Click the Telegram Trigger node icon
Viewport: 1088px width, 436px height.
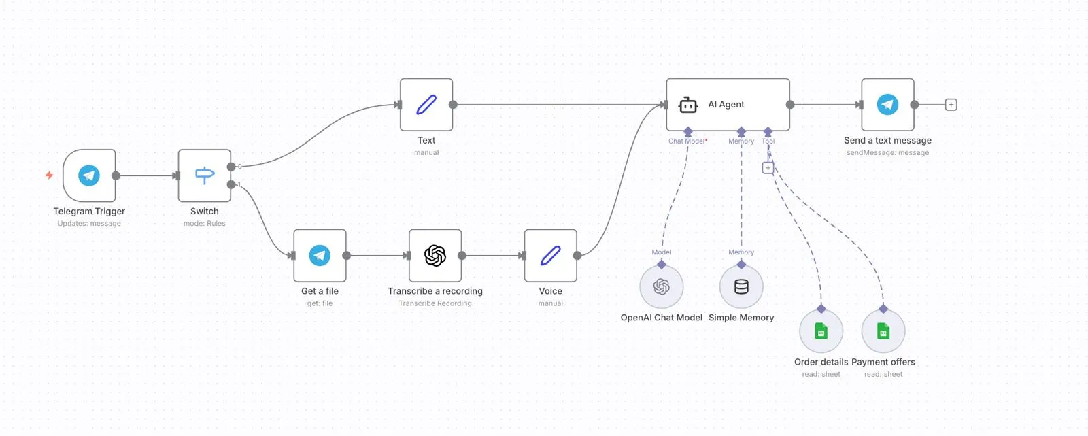pos(89,175)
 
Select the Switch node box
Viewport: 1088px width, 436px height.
pos(205,175)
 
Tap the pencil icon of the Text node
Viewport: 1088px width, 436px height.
pos(426,105)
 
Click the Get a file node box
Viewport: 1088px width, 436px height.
pos(320,256)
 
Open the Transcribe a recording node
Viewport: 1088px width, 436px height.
pos(435,256)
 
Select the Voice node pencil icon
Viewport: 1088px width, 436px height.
pos(550,256)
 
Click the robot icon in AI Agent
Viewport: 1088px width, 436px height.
pos(688,105)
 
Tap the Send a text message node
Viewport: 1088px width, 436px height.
pos(887,105)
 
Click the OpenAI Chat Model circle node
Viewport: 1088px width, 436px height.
pos(662,287)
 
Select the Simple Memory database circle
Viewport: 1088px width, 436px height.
pos(741,287)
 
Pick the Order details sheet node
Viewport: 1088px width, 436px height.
pos(821,332)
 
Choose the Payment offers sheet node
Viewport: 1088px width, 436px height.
pos(883,332)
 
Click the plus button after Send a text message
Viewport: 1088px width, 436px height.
pos(951,105)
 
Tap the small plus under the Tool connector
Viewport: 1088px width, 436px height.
pos(768,168)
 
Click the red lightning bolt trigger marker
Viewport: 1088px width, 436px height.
pos(49,175)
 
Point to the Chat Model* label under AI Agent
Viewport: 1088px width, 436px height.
pos(687,141)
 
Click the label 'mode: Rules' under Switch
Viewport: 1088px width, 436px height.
pos(205,224)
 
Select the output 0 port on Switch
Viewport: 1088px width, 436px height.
pos(232,166)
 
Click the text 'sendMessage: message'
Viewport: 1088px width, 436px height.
pos(887,153)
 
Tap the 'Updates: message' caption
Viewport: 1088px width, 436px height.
pos(89,224)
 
